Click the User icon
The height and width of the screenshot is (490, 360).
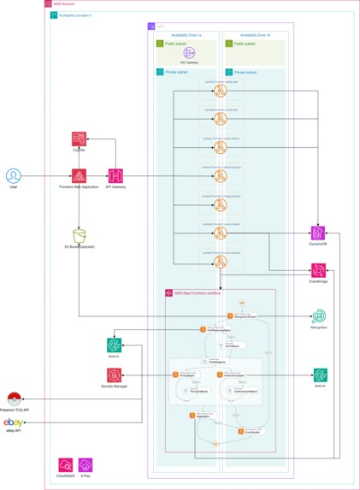point(13,175)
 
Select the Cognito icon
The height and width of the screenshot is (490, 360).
point(80,140)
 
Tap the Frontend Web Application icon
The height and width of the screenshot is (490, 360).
point(80,175)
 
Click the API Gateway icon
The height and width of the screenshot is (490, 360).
point(115,175)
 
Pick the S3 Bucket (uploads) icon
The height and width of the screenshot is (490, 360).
point(80,235)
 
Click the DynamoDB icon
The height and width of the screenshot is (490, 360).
point(319,233)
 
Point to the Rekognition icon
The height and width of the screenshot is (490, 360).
point(319,316)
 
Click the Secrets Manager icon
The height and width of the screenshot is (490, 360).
point(115,375)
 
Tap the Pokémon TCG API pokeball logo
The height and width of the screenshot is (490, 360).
point(13,399)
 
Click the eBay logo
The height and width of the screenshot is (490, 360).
point(13,423)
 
